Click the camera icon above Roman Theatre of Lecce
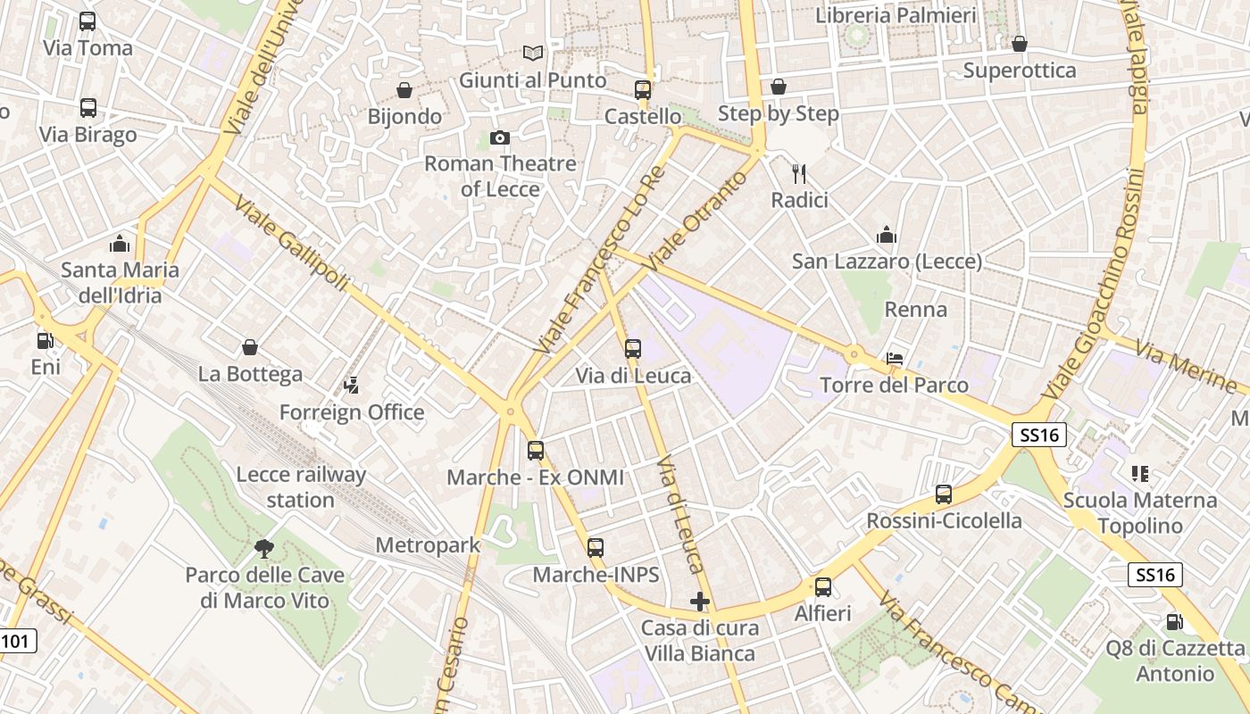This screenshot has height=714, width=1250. coord(500,137)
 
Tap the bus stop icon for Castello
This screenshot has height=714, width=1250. coord(643,89)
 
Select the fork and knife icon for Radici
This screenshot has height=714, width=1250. coord(799,174)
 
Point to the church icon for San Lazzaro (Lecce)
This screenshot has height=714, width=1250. coord(887,235)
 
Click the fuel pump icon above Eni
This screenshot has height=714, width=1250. coord(45,340)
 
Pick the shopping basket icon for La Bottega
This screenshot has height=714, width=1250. coord(250,347)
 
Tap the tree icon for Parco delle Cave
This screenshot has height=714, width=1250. coord(263,548)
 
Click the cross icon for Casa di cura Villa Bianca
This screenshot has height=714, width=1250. coord(700,602)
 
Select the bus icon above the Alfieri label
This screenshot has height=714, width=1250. coord(823,587)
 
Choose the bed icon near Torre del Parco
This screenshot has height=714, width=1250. coord(894,359)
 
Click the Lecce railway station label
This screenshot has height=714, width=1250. coord(301,486)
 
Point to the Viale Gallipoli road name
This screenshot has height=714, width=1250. coord(292,244)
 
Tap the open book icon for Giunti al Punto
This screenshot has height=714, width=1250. coord(533,54)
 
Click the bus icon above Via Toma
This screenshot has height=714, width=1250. coord(87,21)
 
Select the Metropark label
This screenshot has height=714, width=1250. coord(428,544)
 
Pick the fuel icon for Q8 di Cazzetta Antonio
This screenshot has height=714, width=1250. coord(1174,621)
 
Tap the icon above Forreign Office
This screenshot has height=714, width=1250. coord(352,386)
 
